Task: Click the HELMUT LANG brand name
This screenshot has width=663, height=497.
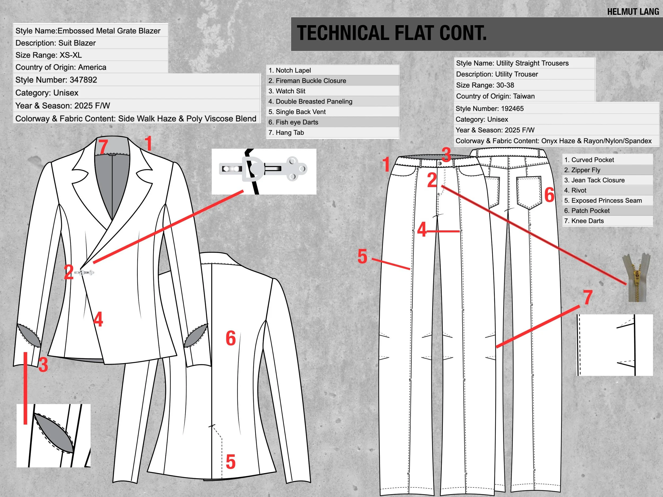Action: click(633, 12)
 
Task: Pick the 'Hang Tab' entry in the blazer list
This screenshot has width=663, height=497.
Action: click(286, 133)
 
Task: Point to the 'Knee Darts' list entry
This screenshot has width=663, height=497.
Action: click(584, 221)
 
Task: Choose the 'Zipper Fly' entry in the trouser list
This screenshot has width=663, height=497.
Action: click(582, 170)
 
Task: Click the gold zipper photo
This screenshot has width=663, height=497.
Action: click(637, 277)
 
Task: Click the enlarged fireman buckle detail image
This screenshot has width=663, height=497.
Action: click(264, 171)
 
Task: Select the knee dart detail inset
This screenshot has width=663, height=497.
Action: click(614, 345)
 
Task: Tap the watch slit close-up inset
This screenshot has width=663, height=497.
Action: click(53, 435)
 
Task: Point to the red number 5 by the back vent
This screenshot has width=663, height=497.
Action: click(230, 462)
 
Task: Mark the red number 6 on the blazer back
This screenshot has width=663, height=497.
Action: click(230, 338)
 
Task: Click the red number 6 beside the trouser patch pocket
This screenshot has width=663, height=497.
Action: click(549, 195)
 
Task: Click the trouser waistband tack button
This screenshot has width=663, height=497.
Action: click(440, 164)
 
